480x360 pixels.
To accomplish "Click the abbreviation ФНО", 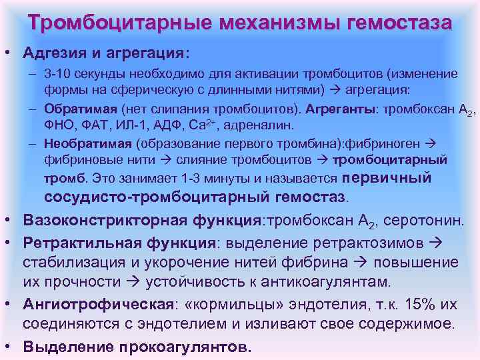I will pyautogui.click(x=59, y=125).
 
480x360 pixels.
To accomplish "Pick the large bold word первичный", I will pyautogui.click(x=387, y=177).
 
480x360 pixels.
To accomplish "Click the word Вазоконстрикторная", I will pyautogui.click(x=89, y=219).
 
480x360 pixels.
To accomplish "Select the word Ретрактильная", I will pyautogui.click(x=71, y=241).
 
